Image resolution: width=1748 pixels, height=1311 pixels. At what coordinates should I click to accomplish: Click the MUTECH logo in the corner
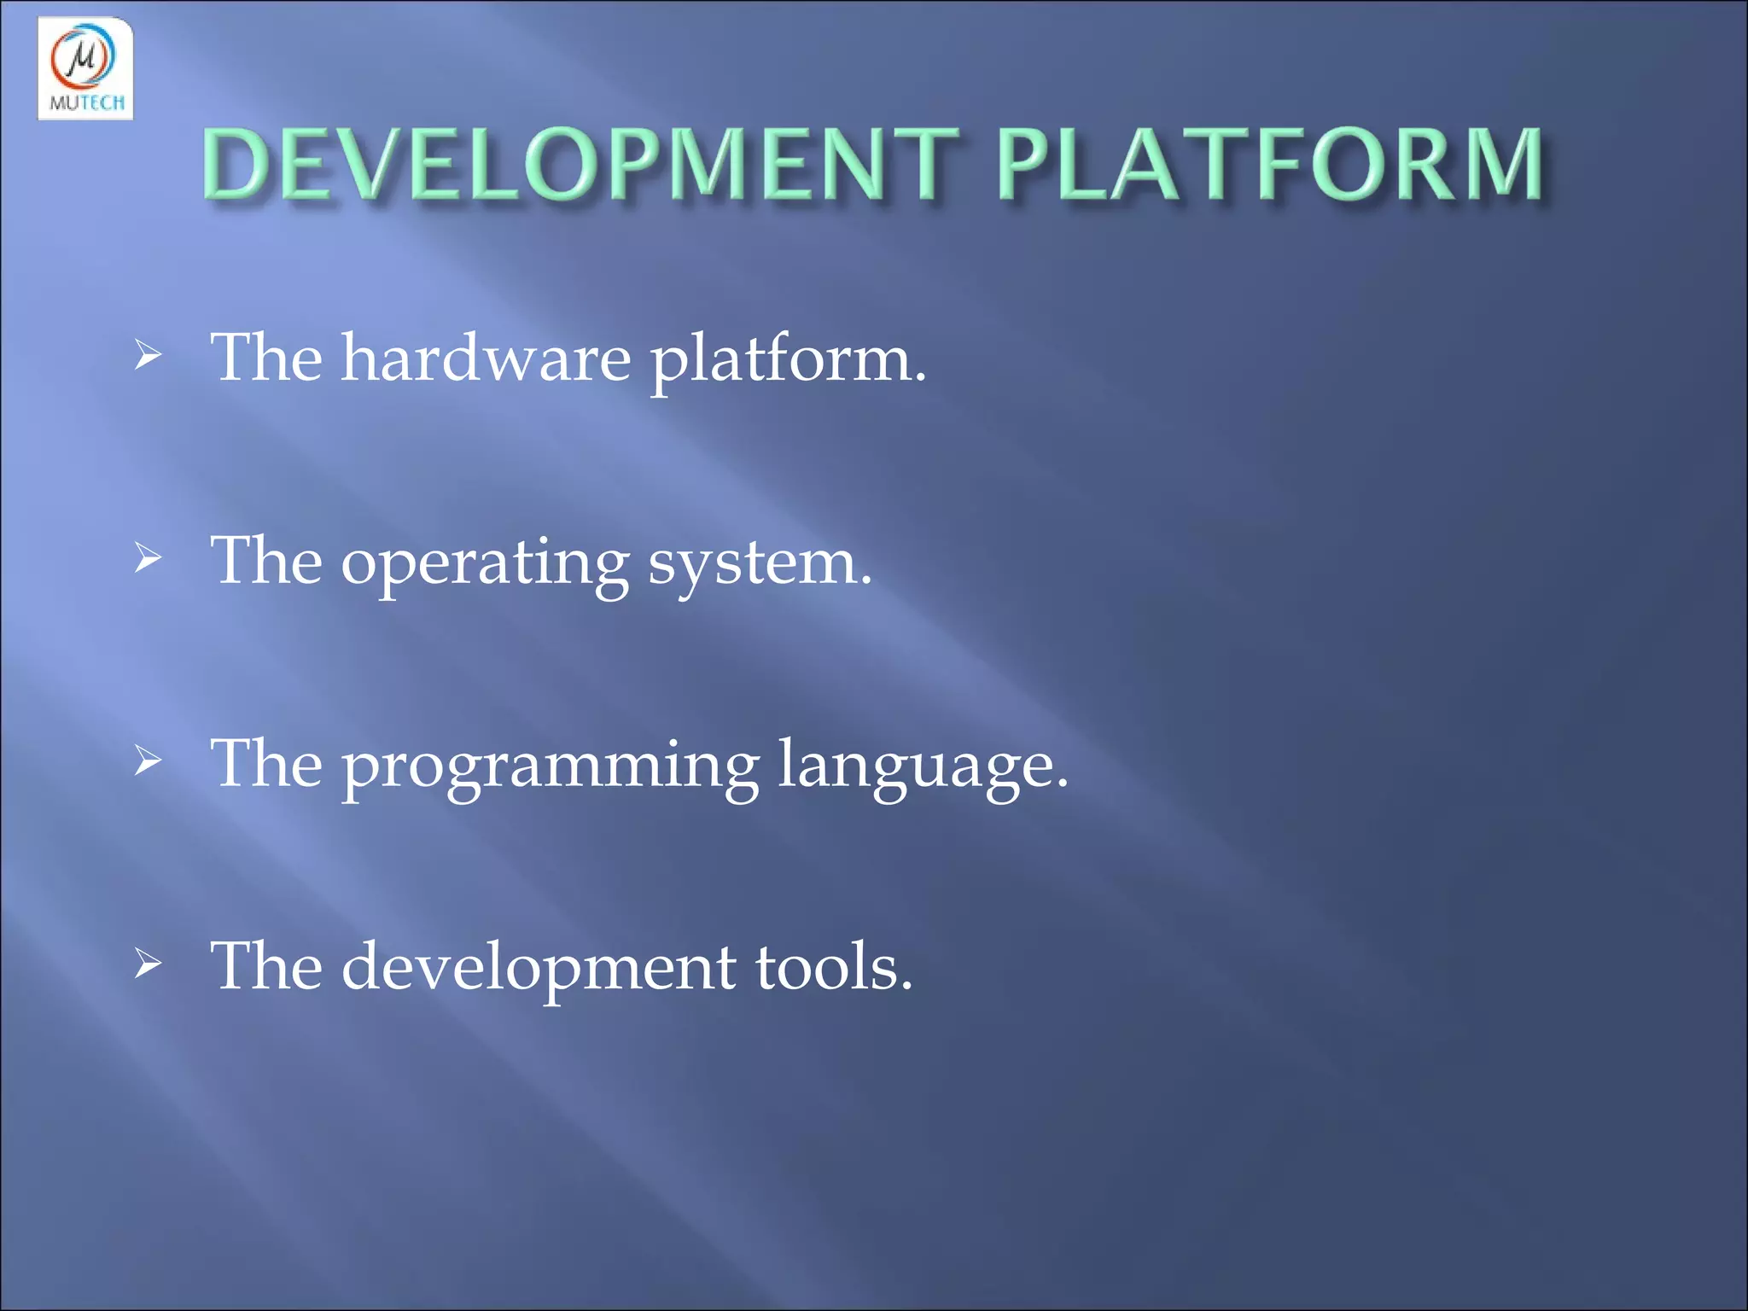click(85, 68)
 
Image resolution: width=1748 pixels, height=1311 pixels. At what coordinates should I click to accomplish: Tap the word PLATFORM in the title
click(1270, 164)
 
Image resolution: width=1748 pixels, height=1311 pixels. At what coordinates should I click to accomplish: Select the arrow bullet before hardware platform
click(148, 356)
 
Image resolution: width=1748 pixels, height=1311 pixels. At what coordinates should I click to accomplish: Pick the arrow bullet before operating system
click(148, 559)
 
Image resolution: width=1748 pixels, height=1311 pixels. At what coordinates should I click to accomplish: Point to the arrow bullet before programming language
click(148, 761)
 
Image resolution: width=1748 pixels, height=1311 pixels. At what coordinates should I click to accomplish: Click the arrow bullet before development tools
click(148, 964)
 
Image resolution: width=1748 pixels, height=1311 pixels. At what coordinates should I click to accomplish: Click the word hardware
click(486, 358)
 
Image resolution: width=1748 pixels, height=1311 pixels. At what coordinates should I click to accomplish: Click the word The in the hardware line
click(267, 358)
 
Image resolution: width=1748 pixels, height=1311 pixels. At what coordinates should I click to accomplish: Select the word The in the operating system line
click(267, 562)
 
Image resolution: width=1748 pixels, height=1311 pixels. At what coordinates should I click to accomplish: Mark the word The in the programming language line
click(267, 764)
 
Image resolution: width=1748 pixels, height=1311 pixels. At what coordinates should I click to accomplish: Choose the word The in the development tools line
click(267, 967)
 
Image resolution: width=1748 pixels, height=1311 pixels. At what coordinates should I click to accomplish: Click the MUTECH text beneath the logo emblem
click(86, 103)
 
